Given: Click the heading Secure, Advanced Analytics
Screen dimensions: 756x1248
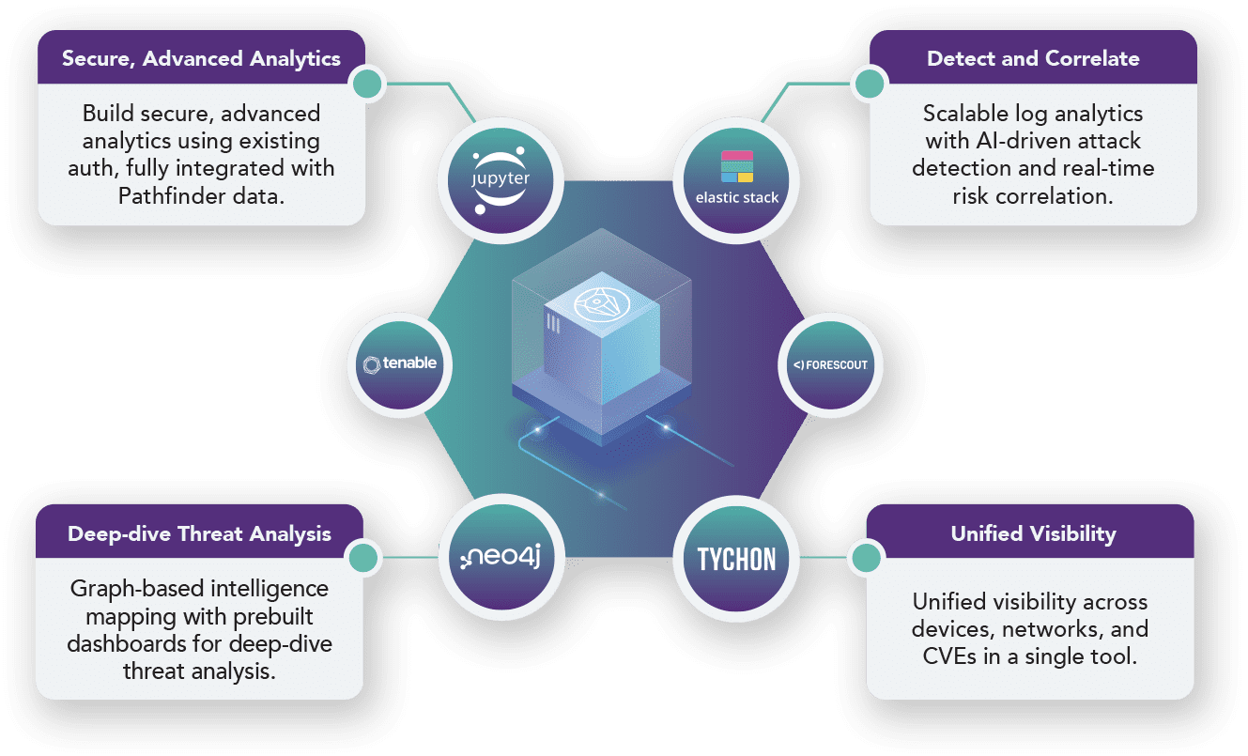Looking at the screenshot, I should [201, 58].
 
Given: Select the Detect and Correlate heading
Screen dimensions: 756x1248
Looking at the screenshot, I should [1033, 58].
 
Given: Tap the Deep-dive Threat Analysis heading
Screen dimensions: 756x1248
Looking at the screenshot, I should [199, 533].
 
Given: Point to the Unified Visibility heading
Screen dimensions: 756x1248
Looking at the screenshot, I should [1033, 533].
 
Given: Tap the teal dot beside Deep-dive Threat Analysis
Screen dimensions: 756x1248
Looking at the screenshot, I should [362, 560].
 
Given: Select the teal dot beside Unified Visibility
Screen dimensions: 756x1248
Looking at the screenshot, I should [866, 560].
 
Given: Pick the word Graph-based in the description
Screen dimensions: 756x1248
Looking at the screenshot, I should [135, 589].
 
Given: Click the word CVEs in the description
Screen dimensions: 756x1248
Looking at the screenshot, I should [952, 656].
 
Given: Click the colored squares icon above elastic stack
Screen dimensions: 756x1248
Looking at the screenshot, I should [737, 166].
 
